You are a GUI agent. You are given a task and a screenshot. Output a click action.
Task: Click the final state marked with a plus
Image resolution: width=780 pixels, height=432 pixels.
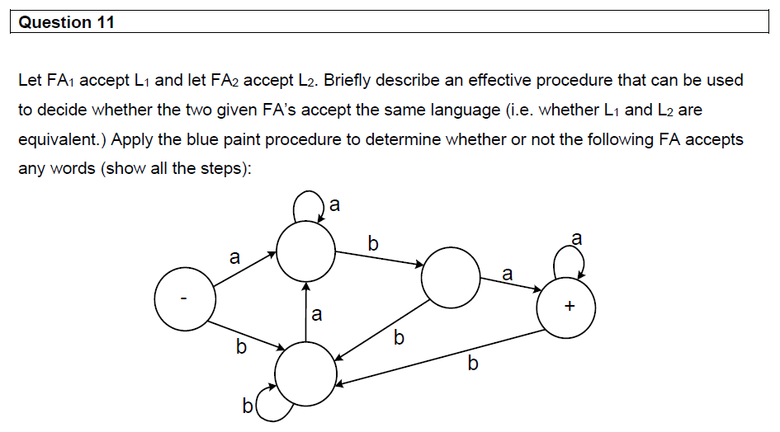tap(567, 307)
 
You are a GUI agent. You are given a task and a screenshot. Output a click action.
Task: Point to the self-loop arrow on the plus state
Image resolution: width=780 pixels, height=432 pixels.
tap(570, 264)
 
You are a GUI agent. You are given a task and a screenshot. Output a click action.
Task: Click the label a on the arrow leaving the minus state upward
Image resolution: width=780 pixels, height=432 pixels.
tap(234, 258)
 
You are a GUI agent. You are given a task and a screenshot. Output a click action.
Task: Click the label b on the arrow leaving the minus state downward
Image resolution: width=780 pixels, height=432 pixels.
tap(240, 347)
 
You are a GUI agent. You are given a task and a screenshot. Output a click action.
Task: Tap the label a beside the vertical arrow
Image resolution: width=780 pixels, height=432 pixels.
tap(317, 314)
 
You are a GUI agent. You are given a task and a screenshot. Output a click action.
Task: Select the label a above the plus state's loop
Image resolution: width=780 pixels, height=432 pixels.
tap(576, 239)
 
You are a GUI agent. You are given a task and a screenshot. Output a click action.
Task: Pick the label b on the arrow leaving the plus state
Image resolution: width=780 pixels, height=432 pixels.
tap(472, 363)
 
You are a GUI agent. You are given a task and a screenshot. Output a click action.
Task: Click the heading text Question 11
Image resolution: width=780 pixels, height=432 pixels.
tap(66, 22)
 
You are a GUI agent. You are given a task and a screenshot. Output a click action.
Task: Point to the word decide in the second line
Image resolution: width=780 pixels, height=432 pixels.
tap(62, 110)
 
